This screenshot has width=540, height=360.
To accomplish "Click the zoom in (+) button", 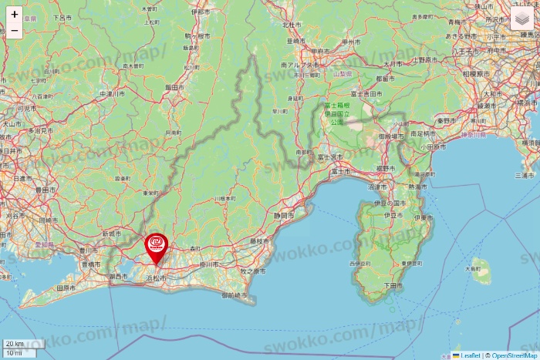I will pyautogui.click(x=15, y=14).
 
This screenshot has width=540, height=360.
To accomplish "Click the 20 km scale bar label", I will pyautogui.click(x=14, y=344).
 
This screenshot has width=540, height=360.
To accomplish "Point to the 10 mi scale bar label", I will pyautogui.click(x=13, y=352).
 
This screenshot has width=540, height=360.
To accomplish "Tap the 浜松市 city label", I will pyautogui.click(x=157, y=278).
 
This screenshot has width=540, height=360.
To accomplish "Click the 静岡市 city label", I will pyautogui.click(x=284, y=216).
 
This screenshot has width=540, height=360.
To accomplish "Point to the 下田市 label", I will pyautogui.click(x=393, y=285).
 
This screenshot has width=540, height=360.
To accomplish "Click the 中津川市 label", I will pyautogui.click(x=112, y=94).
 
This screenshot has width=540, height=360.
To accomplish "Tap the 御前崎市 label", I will pyautogui.click(x=235, y=294).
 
